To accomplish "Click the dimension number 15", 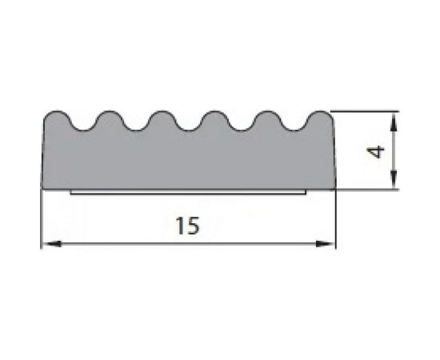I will coord(186,226).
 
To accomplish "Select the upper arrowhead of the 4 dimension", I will coord(393,118).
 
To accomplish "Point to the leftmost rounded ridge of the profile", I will coord(55,117).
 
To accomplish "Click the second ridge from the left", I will coord(106,117).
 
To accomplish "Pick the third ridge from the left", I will coord(160,117).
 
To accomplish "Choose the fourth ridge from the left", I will coord(214,117).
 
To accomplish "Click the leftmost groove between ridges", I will coord(80,126).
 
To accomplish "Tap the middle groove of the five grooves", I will coord(187,126).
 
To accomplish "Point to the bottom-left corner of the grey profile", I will coord(42,188).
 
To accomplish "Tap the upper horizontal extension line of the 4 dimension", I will coord(364,110).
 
